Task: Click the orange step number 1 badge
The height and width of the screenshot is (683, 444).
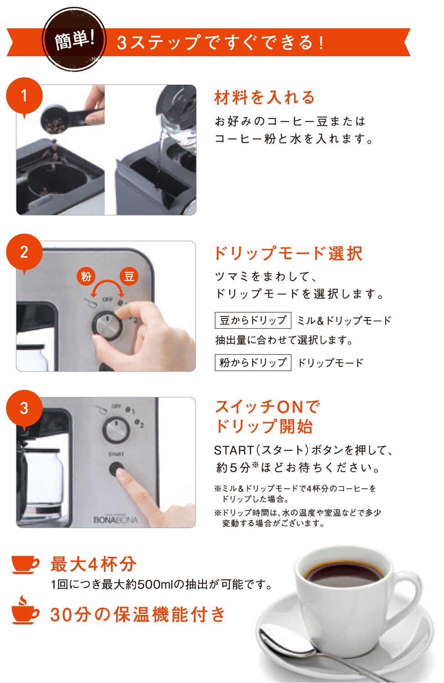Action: tap(25, 96)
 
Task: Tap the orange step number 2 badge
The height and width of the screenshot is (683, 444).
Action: tap(25, 252)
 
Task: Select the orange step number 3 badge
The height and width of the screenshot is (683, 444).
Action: tap(25, 408)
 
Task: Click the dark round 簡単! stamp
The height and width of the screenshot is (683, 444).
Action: tap(74, 40)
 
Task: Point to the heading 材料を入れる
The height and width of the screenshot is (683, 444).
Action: tap(264, 97)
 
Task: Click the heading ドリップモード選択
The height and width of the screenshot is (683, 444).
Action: tap(289, 253)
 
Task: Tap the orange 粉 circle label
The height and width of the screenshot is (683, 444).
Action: tap(86, 276)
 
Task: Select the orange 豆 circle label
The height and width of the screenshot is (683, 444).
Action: tap(129, 276)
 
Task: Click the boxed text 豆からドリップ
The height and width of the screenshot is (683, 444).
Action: tap(253, 320)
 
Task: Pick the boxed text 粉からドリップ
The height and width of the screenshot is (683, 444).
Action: tap(253, 362)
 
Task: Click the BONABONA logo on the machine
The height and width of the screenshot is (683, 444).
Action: tap(116, 520)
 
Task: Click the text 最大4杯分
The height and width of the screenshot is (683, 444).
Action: tap(93, 564)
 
